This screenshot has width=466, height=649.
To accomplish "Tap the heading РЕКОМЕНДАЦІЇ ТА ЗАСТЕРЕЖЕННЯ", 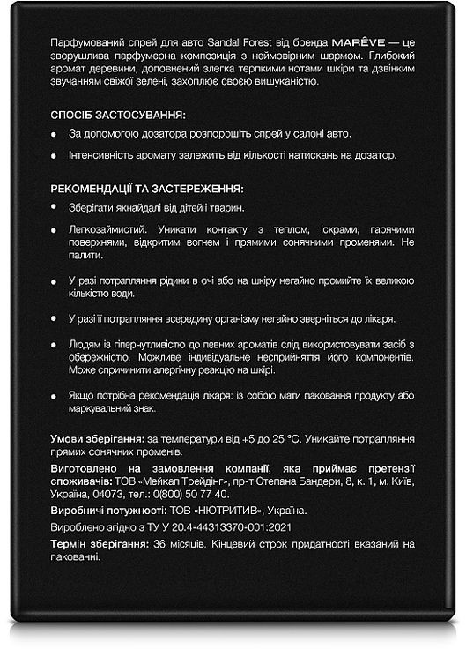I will (147, 189).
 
